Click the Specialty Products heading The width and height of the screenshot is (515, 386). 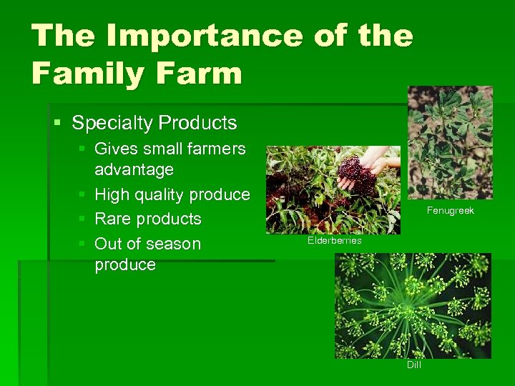tap(154, 123)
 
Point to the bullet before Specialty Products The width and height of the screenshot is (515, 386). tap(58, 123)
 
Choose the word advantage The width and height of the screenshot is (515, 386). tap(134, 170)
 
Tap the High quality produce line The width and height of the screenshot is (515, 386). tap(172, 194)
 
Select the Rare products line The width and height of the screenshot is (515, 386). tap(147, 219)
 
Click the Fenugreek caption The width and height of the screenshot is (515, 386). tap(450, 211)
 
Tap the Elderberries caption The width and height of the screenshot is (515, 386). tap(334, 241)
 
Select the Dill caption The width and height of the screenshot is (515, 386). tap(413, 365)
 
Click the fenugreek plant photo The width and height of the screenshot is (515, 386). tap(450, 143)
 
